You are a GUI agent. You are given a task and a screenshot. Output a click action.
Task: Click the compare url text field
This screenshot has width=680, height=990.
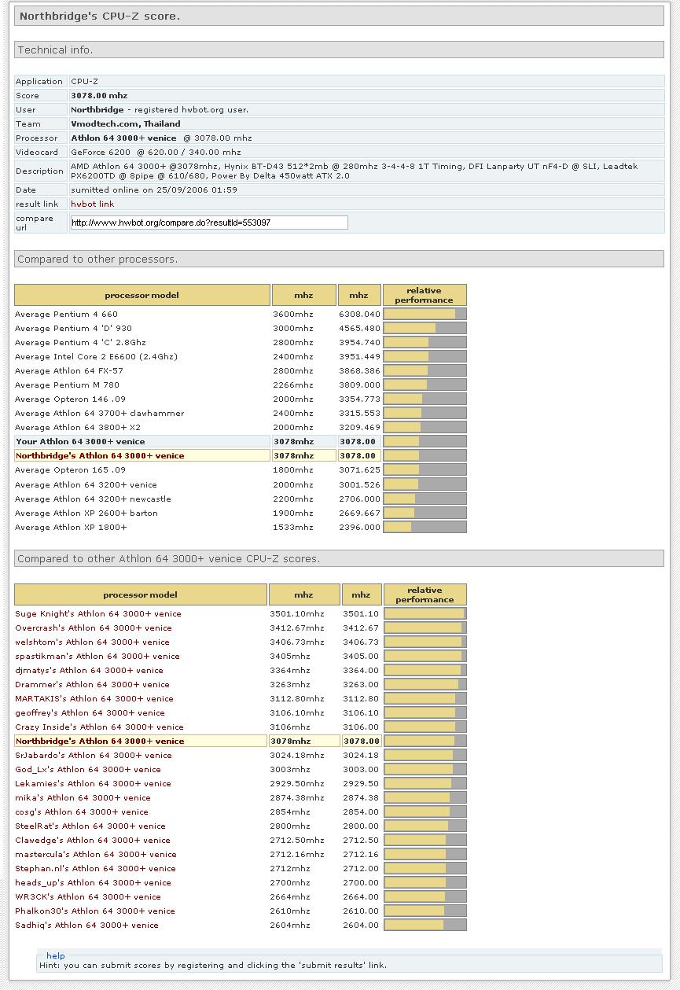click(x=208, y=223)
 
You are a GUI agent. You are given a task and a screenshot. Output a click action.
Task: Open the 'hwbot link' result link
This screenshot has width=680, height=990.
click(x=92, y=204)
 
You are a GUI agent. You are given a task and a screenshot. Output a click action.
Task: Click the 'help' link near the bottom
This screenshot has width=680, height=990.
click(x=55, y=956)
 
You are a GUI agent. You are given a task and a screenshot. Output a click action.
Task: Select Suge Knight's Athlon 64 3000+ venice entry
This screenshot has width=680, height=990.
click(x=98, y=614)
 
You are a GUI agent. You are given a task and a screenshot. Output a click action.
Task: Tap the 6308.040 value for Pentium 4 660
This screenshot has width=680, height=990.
click(x=359, y=315)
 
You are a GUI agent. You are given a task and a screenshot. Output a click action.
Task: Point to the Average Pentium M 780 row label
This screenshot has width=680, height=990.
click(x=67, y=385)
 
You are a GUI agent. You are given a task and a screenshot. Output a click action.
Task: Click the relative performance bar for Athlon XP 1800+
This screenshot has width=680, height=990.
click(x=425, y=528)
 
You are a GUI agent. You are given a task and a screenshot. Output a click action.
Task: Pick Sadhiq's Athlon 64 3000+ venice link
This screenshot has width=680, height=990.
click(x=86, y=926)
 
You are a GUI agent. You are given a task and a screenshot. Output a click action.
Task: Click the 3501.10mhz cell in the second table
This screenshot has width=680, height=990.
click(x=296, y=614)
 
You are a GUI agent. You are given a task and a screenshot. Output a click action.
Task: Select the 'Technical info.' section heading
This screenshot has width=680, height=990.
click(x=55, y=50)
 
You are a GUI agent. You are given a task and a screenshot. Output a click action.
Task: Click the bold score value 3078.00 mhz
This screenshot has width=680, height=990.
click(x=99, y=96)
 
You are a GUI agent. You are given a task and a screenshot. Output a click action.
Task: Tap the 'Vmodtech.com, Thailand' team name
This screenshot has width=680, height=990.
click(x=125, y=124)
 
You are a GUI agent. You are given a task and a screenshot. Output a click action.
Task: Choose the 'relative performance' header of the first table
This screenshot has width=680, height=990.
click(x=424, y=295)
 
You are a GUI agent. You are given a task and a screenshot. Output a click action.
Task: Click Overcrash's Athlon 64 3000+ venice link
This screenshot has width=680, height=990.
click(x=94, y=628)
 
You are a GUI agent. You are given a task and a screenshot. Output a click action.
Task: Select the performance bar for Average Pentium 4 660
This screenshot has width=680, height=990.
click(x=425, y=315)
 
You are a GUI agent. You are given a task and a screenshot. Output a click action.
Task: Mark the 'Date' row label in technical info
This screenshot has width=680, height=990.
click(x=26, y=190)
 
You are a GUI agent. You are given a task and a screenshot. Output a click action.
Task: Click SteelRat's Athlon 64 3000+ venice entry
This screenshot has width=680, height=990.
click(x=90, y=826)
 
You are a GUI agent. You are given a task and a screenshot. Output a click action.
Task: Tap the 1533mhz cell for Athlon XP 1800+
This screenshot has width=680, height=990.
click(x=292, y=528)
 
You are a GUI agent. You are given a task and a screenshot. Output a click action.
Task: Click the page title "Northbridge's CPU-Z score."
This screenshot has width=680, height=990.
click(x=100, y=16)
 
